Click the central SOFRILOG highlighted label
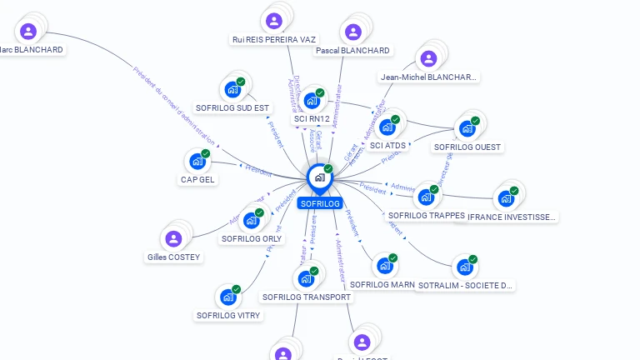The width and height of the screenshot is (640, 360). pyautogui.click(x=320, y=203)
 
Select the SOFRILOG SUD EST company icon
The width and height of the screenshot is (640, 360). pyautogui.click(x=232, y=89)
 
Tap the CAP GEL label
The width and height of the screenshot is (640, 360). pyautogui.click(x=197, y=179)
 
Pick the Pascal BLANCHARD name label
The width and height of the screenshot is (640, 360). pyautogui.click(x=352, y=51)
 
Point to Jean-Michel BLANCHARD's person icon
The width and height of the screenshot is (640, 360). pyautogui.click(x=428, y=58)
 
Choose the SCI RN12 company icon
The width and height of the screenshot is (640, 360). pyautogui.click(x=312, y=101)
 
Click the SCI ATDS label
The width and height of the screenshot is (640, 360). pyautogui.click(x=387, y=146)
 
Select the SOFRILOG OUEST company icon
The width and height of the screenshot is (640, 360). pyautogui.click(x=467, y=128)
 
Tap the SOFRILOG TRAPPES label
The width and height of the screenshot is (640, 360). pyautogui.click(x=426, y=216)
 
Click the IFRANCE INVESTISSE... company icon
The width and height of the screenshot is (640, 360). pyautogui.click(x=505, y=199)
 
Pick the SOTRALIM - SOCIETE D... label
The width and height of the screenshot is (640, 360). pyautogui.click(x=465, y=285)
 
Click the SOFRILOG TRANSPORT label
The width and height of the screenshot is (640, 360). pyautogui.click(x=306, y=297)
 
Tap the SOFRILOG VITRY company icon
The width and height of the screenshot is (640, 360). pyautogui.click(x=227, y=297)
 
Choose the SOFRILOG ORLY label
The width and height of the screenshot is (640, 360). pyautogui.click(x=251, y=238)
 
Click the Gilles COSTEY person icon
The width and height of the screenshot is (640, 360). pyautogui.click(x=173, y=239)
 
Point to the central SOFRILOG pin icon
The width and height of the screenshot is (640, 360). pyautogui.click(x=318, y=177)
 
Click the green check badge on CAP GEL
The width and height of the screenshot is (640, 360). pyautogui.click(x=206, y=154)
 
